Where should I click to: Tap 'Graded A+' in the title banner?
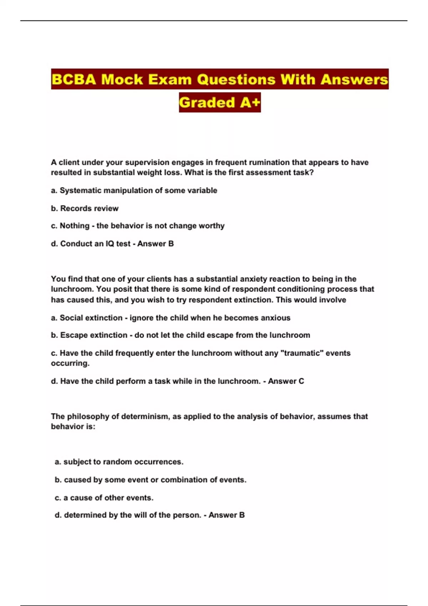(x=220, y=103)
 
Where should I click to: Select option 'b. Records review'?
(x=85, y=208)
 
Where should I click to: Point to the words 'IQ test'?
(x=118, y=244)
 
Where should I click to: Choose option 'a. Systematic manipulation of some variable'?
(x=134, y=190)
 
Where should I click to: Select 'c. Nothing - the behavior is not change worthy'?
(x=138, y=226)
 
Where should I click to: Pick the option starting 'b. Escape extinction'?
(x=180, y=335)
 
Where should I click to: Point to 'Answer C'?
(x=286, y=381)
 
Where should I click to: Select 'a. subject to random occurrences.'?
(x=119, y=462)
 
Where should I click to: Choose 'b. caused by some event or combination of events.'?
(x=151, y=480)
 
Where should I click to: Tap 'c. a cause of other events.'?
(x=104, y=498)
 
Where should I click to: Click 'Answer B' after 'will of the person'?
(x=226, y=515)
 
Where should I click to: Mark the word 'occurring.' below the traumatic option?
(x=70, y=363)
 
